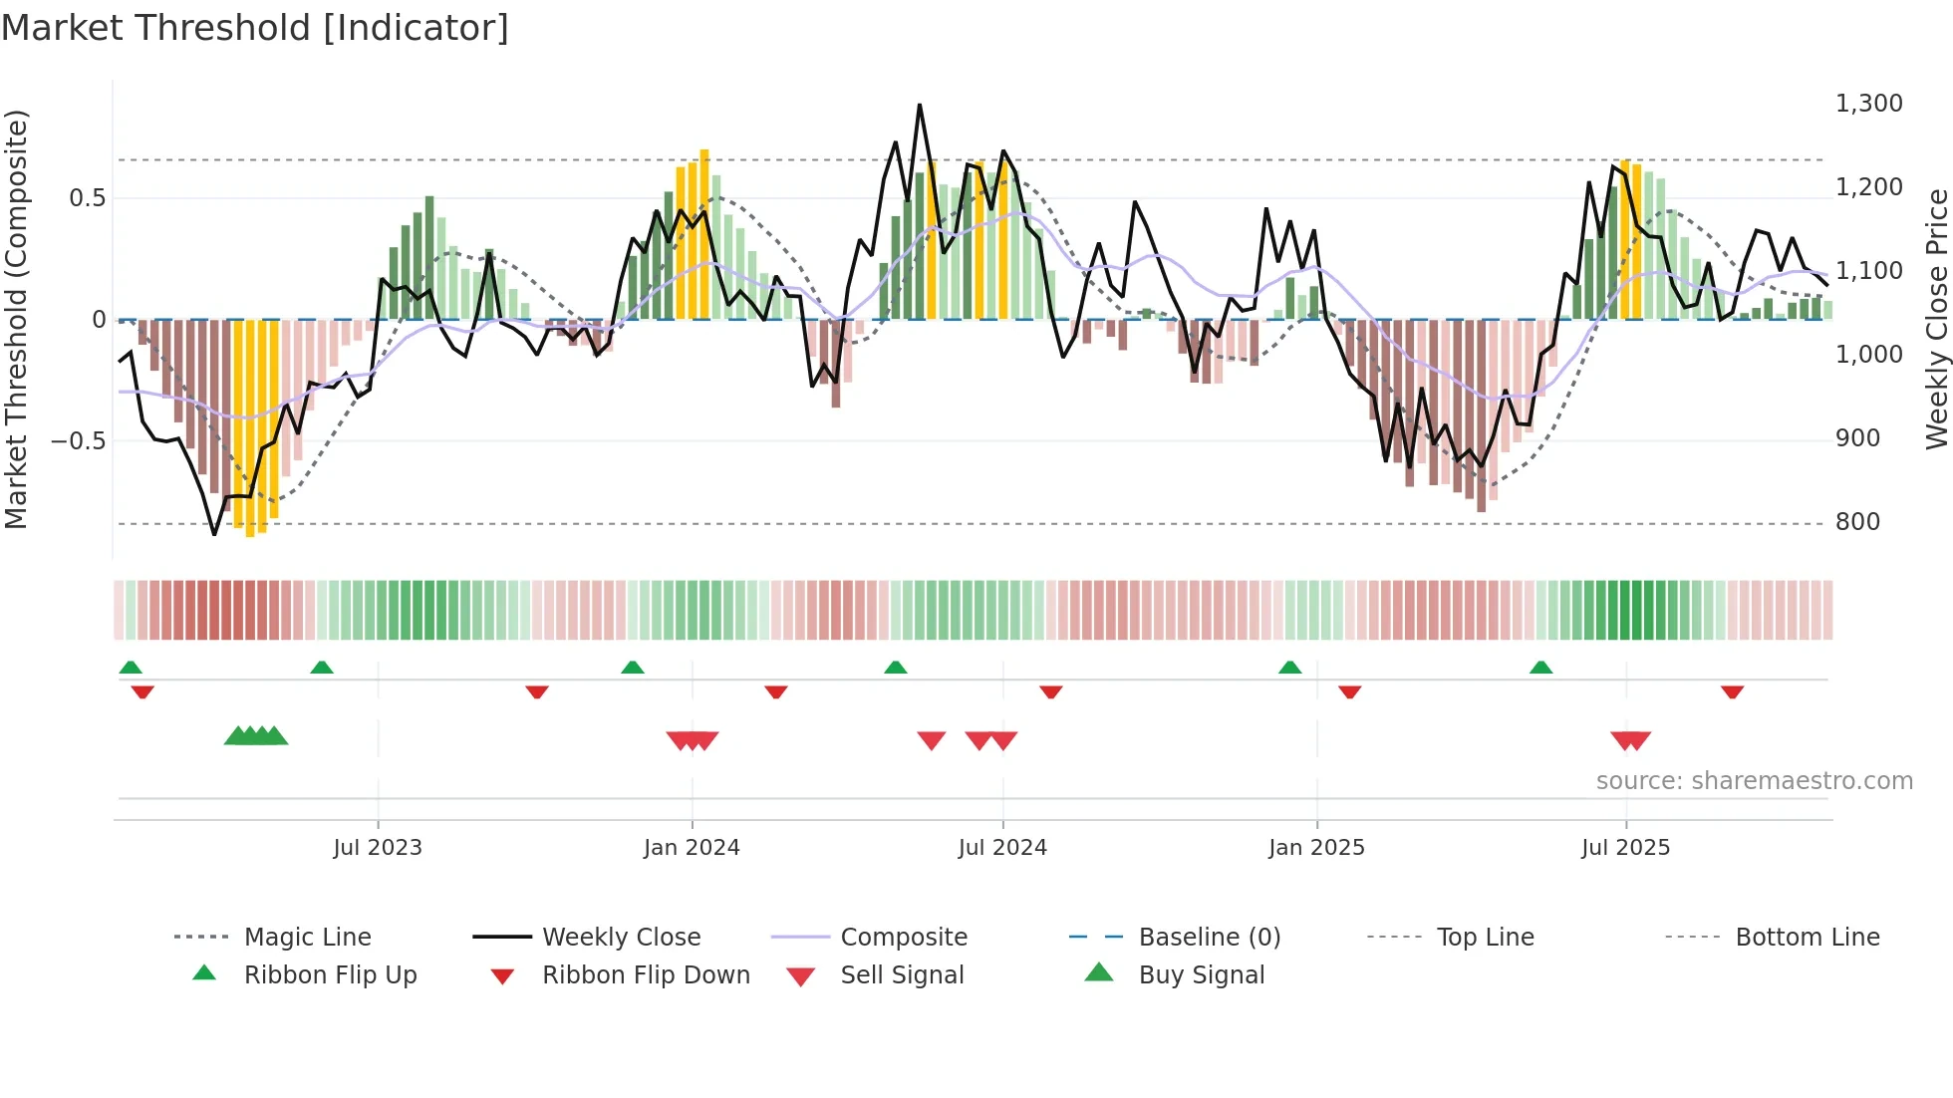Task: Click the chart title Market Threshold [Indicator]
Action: click(x=255, y=28)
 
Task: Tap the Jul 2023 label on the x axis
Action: click(x=378, y=848)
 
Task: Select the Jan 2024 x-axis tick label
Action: click(x=692, y=848)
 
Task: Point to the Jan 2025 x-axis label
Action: click(x=1316, y=848)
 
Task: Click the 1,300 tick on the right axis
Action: click(x=1868, y=104)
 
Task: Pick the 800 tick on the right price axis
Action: click(x=1857, y=522)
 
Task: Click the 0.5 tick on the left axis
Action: click(x=88, y=198)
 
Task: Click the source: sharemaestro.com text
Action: click(x=1754, y=781)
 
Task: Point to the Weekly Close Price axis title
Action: click(x=1936, y=319)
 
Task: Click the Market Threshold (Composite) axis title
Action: click(x=16, y=319)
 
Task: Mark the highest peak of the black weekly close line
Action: click(x=919, y=105)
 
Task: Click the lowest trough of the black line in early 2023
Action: click(x=214, y=534)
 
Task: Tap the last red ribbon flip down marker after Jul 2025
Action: click(x=1732, y=691)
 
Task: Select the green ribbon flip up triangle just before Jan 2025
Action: click(x=1289, y=668)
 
